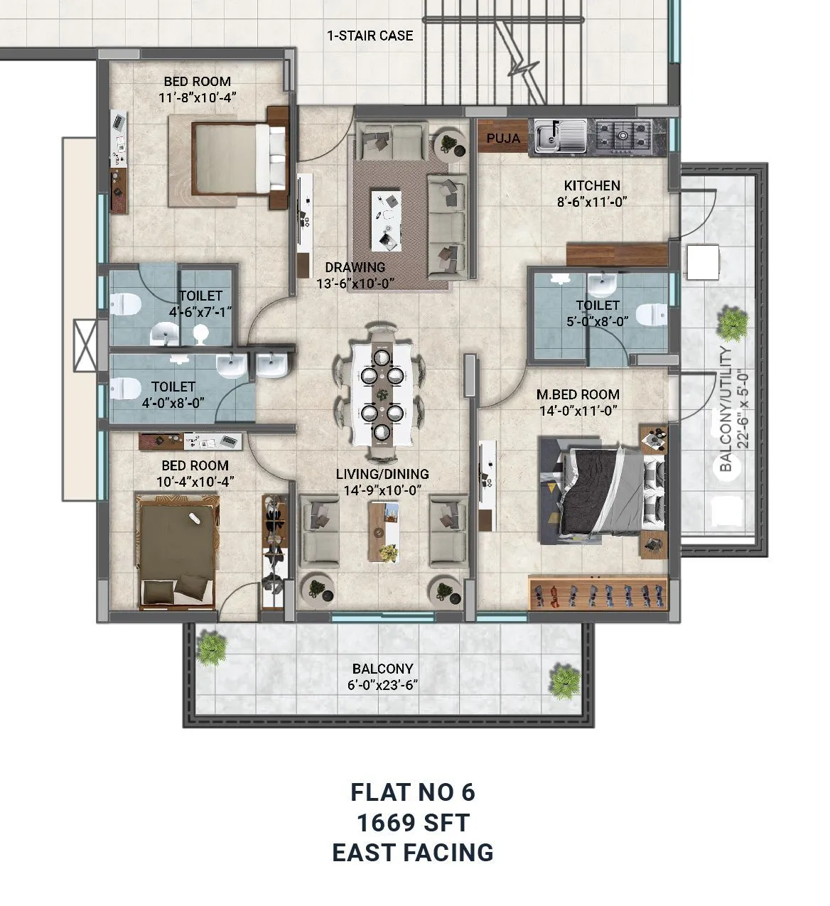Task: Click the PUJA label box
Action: tap(504, 138)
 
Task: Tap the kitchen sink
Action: tap(561, 136)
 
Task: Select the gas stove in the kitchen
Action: tap(624, 135)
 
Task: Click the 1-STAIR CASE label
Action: tap(370, 35)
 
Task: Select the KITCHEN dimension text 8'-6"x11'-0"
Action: tap(592, 202)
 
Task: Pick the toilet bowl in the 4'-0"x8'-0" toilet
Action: tap(125, 388)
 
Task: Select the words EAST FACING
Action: tap(413, 852)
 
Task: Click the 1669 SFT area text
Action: tap(413, 822)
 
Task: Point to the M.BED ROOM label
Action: tap(577, 394)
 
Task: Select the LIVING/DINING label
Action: tap(382, 474)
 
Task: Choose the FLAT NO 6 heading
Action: tap(413, 792)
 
